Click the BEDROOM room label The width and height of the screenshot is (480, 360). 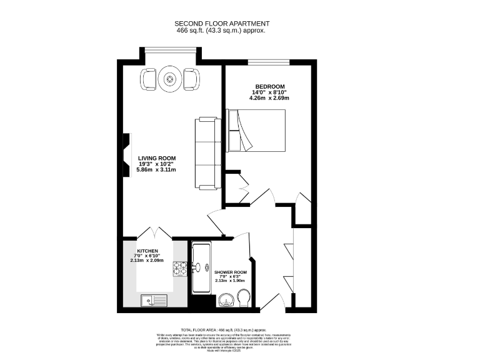(x=269, y=86)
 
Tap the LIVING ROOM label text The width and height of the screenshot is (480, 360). (x=157, y=158)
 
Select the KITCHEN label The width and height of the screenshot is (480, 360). (x=147, y=251)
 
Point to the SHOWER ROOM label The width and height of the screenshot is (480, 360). (x=231, y=273)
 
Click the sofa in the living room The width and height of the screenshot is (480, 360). (x=207, y=153)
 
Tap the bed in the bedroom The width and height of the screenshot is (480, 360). (x=257, y=130)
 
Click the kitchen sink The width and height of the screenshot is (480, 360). (x=153, y=301)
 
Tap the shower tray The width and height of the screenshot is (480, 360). (x=202, y=269)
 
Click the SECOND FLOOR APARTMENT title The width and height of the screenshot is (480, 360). (x=223, y=23)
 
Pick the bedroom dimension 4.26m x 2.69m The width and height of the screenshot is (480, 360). (x=269, y=98)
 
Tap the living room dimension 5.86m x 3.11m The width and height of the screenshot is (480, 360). (x=157, y=170)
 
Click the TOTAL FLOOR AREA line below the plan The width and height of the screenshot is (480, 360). (x=223, y=329)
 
